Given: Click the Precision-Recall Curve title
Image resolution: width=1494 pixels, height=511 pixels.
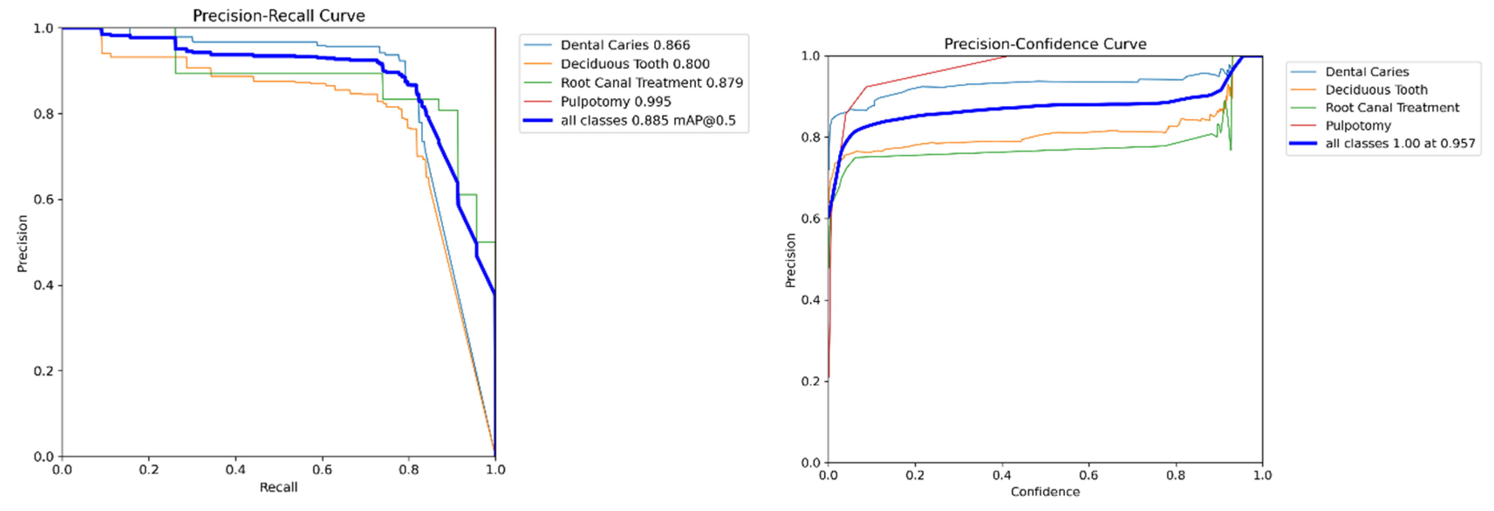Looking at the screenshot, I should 279,16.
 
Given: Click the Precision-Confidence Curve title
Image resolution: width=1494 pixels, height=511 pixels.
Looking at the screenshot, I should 1045,44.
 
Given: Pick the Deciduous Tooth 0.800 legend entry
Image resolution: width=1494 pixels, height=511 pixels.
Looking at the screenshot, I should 634,64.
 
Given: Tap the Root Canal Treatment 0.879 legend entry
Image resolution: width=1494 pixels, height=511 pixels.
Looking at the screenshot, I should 651,83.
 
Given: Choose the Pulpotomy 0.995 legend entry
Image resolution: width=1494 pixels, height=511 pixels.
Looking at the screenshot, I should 615,102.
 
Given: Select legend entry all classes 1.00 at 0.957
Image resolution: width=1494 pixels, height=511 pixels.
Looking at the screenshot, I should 1399,143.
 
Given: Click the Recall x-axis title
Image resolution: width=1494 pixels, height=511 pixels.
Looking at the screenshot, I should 278,487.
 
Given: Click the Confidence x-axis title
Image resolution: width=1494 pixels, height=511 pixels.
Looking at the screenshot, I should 1045,492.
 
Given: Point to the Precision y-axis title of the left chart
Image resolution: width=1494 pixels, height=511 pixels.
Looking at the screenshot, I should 23,243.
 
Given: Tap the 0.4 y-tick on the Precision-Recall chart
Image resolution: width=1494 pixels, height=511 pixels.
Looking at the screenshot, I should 44,285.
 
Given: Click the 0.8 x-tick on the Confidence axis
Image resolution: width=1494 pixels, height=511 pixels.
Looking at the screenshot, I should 1176,476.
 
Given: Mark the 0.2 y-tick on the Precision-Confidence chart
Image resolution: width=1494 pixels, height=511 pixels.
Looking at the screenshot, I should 810,382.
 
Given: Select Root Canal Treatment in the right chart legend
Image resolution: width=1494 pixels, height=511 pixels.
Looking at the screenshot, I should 1392,107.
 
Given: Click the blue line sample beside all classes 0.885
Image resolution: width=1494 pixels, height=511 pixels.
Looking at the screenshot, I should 538,121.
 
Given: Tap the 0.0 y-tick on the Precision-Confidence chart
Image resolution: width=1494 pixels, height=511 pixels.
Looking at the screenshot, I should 810,463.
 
